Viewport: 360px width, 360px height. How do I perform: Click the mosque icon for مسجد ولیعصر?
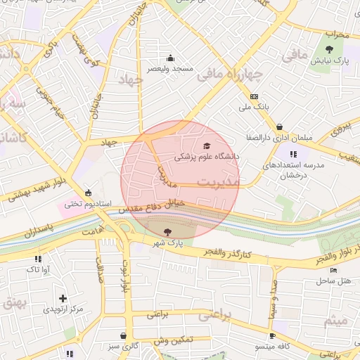click(x=169, y=58)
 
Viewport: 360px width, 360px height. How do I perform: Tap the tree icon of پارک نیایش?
click(x=330, y=49)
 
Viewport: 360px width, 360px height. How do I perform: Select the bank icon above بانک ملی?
click(x=254, y=96)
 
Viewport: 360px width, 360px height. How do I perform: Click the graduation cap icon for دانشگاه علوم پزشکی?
click(x=207, y=146)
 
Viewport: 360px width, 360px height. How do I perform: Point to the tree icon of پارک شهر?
click(x=167, y=232)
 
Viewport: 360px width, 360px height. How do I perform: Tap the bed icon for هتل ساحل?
click(x=333, y=271)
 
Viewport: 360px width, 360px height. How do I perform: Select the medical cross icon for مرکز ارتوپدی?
click(x=63, y=299)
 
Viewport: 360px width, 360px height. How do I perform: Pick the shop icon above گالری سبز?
click(x=124, y=336)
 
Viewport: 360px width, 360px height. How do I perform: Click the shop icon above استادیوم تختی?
click(x=88, y=193)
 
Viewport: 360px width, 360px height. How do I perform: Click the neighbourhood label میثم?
click(x=335, y=321)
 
